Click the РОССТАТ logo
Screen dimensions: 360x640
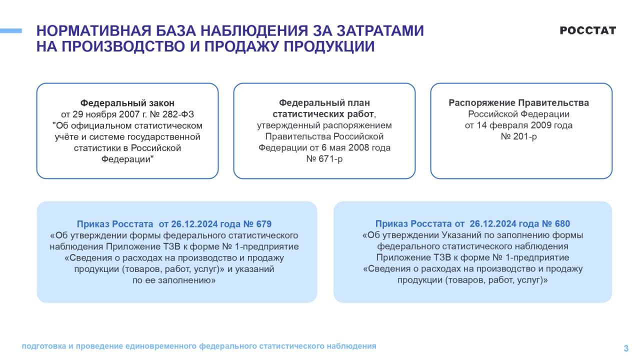(587, 30)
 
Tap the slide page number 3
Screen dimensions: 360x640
(626, 348)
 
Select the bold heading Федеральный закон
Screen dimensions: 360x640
(127, 103)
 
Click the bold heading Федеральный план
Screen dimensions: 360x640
(324, 103)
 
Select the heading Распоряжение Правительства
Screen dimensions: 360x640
(518, 103)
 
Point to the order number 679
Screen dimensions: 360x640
(264, 224)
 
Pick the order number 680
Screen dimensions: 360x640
(562, 224)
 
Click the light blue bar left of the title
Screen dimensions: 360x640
(11, 31)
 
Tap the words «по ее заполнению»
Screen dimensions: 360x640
(174, 280)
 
